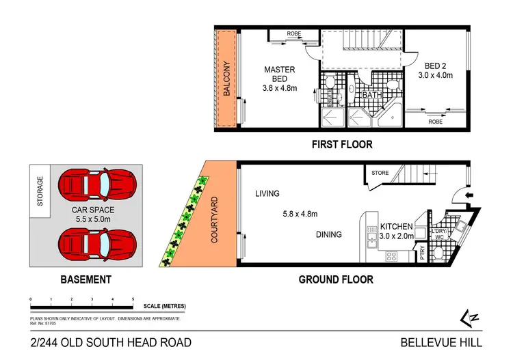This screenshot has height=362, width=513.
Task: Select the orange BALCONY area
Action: click(225, 79)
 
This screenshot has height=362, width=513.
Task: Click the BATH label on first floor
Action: click(371, 95)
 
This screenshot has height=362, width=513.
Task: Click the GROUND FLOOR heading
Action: click(336, 279)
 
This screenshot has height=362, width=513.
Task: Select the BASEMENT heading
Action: click(85, 279)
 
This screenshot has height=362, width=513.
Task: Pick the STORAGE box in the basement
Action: click(40, 191)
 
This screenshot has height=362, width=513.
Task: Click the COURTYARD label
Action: click(215, 221)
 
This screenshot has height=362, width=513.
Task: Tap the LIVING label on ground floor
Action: click(267, 194)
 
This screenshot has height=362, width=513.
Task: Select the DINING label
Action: click(328, 235)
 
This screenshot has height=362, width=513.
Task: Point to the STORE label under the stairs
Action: click(380, 173)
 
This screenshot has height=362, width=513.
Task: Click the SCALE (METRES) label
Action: click(164, 306)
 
